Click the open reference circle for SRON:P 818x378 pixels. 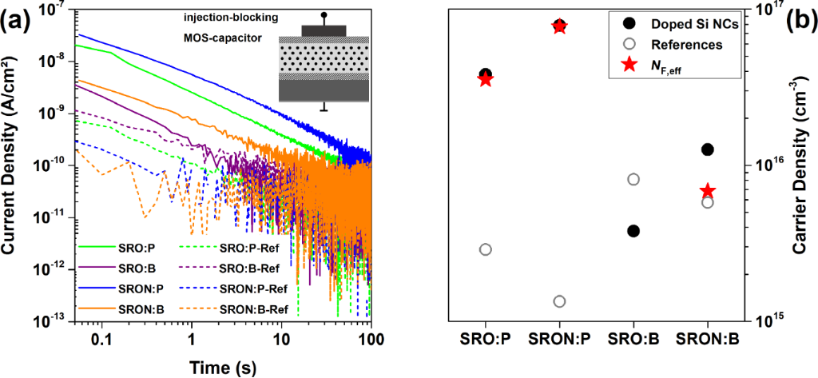click(559, 301)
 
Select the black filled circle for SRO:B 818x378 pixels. click(633, 231)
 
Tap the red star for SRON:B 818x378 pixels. click(708, 191)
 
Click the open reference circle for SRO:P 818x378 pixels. click(485, 249)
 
